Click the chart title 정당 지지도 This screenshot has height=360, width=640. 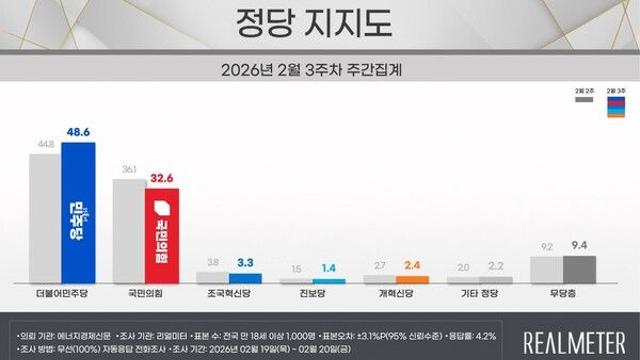pos(320,21)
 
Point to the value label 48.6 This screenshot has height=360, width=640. pos(80,132)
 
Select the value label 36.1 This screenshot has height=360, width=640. pos(128,169)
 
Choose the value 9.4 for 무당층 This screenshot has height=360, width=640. pos(579,242)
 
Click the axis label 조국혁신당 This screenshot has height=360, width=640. pos(228,297)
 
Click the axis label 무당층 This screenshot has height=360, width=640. pos(562,297)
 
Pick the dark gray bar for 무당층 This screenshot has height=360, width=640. pos(579,269)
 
